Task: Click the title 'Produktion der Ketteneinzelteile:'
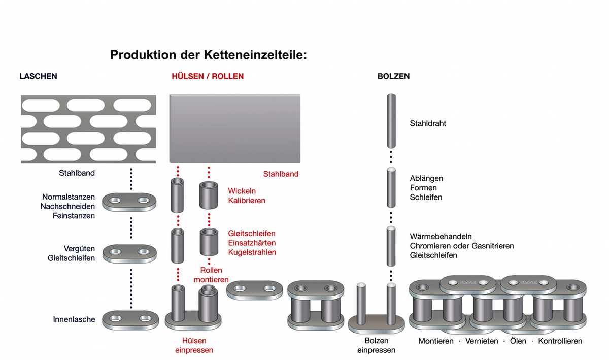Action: click(x=209, y=55)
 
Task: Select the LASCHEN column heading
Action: click(x=38, y=76)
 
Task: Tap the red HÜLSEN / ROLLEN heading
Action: click(x=208, y=76)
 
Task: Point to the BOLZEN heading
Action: click(x=393, y=76)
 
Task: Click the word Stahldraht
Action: click(x=428, y=123)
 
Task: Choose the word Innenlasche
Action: click(x=74, y=320)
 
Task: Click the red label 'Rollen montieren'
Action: click(x=211, y=275)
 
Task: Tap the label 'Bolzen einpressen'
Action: click(x=377, y=345)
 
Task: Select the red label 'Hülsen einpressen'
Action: click(x=194, y=345)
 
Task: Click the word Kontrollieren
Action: click(x=560, y=341)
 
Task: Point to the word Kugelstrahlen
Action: click(x=252, y=252)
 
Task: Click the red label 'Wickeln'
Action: click(x=242, y=191)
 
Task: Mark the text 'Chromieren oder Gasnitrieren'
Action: click(x=462, y=246)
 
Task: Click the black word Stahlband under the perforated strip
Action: click(x=77, y=173)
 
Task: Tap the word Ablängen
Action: click(x=426, y=178)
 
